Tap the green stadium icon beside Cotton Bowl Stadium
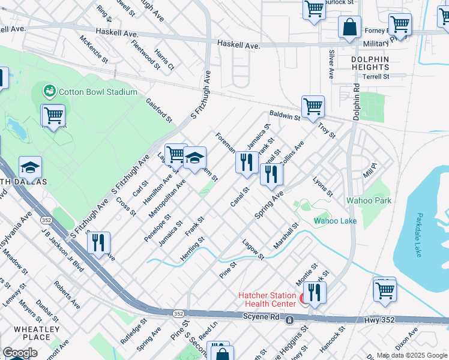49,91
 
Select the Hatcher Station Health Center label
267,299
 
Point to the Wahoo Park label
369,200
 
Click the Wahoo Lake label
335,221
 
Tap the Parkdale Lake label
419,235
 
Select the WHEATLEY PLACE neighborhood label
36,333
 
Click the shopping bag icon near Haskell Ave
349,27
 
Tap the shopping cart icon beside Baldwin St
313,107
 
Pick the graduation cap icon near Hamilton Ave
194,158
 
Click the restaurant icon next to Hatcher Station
314,292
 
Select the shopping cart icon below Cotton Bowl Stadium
53,115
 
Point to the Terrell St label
376,77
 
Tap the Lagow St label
253,250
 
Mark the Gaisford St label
159,109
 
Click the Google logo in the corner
20,353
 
